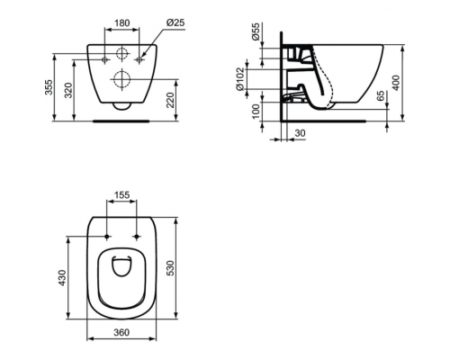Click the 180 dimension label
(x=122, y=22)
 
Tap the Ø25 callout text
(x=175, y=22)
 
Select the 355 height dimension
(x=49, y=87)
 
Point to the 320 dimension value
(x=68, y=90)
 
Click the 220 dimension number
(x=170, y=100)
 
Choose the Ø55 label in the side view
(x=256, y=32)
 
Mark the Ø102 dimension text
(x=240, y=79)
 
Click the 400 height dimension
(x=396, y=83)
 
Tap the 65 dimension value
(x=380, y=96)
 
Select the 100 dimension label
(x=256, y=112)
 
